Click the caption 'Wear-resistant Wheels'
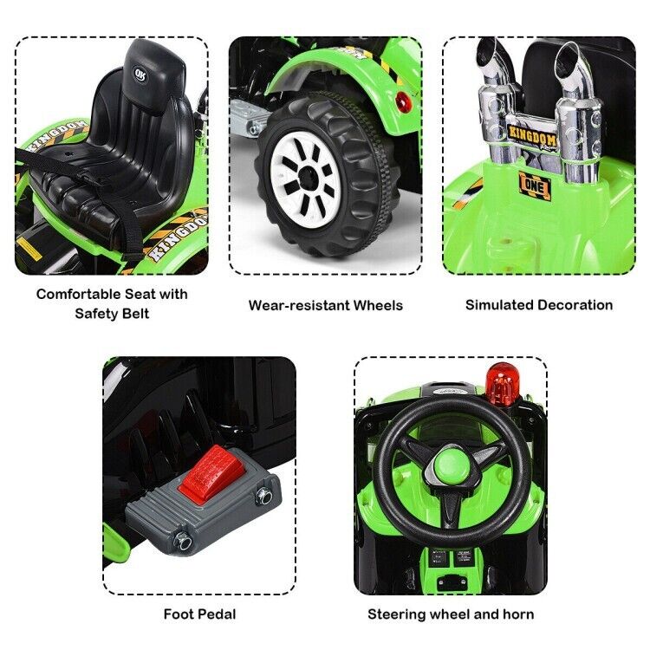click(325, 305)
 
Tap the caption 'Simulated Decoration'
click(538, 304)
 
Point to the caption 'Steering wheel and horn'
click(451, 614)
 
